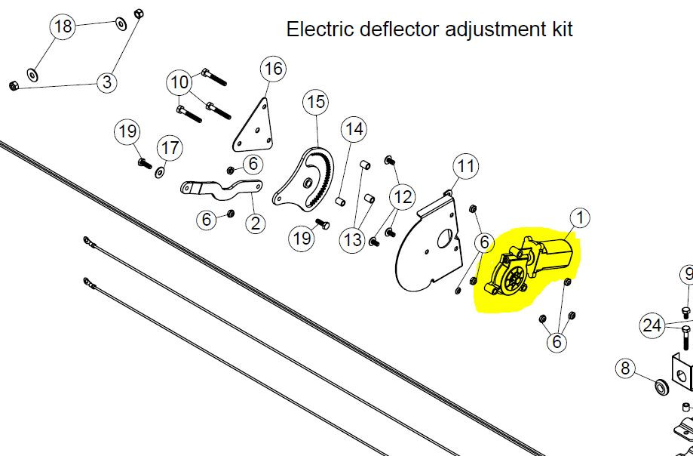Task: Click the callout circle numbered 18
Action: (63, 27)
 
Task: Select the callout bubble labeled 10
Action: (179, 82)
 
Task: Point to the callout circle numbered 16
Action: (273, 69)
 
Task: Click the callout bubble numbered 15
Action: (316, 102)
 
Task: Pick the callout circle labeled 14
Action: (353, 130)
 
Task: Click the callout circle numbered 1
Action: (580, 218)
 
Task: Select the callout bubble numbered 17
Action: (171, 148)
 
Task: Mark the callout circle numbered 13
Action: (353, 240)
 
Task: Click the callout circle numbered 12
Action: (403, 198)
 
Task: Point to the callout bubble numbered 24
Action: (652, 325)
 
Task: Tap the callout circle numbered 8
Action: (625, 369)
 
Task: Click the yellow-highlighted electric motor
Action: (528, 268)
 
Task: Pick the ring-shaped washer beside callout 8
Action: (662, 387)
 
